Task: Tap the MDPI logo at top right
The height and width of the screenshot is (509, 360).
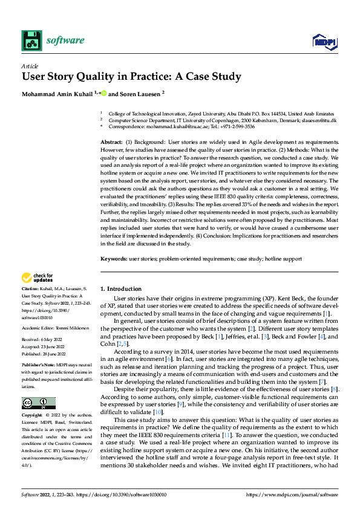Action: coord(324,41)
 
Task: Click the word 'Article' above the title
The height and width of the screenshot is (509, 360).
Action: coord(29,65)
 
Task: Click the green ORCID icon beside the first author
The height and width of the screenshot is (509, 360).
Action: coord(103,93)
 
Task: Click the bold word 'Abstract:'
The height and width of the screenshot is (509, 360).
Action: coord(111,141)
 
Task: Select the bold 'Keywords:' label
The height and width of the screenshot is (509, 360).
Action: coord(114,259)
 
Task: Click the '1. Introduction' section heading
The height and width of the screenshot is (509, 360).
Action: coord(120,289)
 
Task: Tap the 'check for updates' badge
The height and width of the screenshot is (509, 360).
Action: coord(38,278)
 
